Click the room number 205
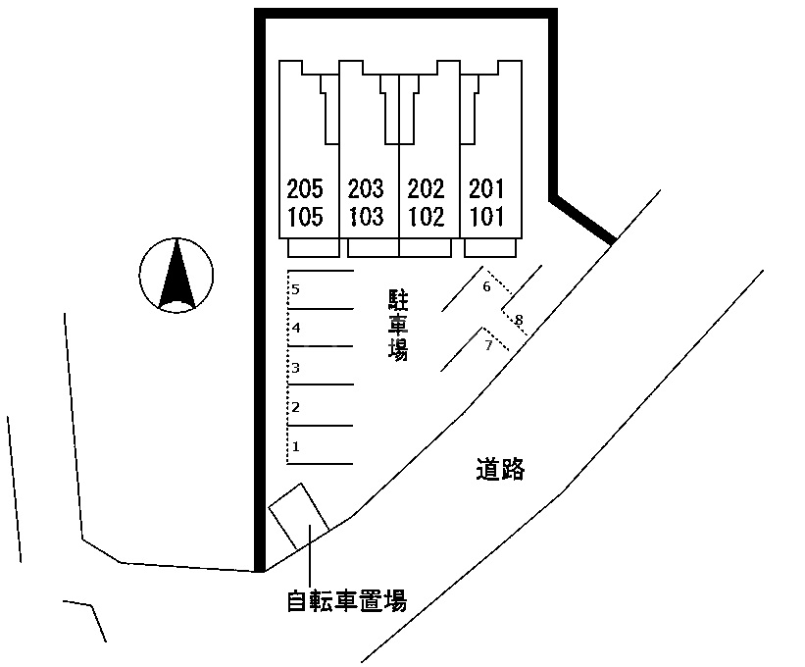coord(306,187)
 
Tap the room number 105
coord(306,216)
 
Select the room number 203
coord(366,187)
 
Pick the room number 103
coord(366,216)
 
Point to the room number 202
coord(426,187)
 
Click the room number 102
coord(426,216)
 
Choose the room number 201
coord(486,187)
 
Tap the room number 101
coord(486,216)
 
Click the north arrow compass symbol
coord(176,275)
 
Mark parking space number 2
coord(296,407)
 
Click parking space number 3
coord(295,368)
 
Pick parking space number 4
coord(295,328)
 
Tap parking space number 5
coord(295,289)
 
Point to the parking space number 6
coord(486,287)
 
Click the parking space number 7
coord(488,344)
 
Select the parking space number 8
coord(519,320)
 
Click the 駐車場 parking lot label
coord(397,325)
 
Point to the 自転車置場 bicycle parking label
coord(346,599)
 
